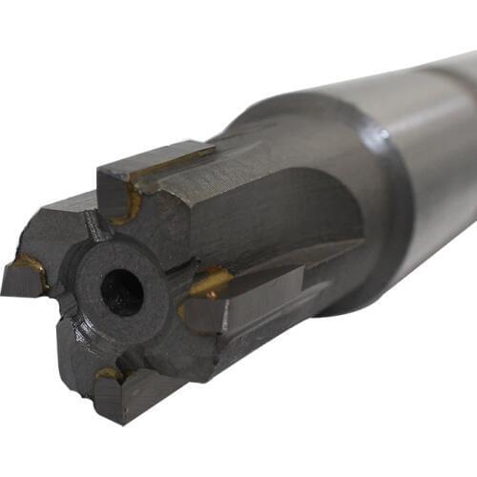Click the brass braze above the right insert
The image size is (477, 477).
point(210,281)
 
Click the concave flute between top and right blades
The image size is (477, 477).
point(286,219)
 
